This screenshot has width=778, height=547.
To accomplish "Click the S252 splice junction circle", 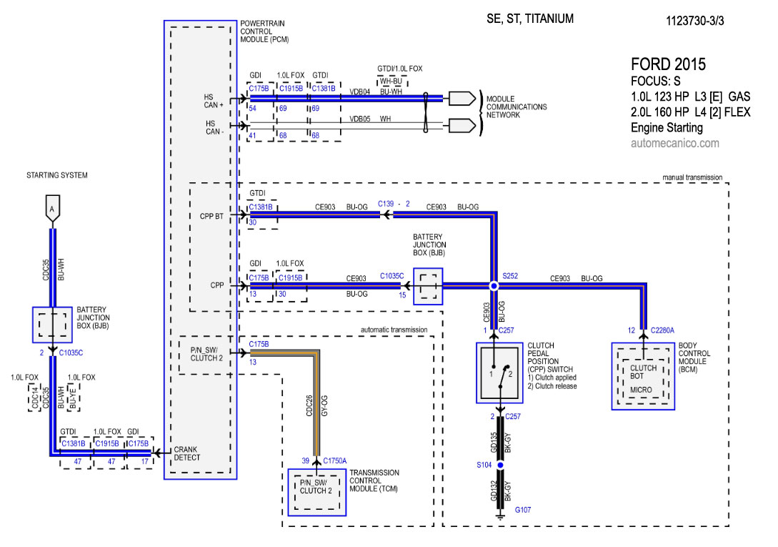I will tap(493, 285).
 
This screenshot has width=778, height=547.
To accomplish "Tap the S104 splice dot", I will tap(500, 465).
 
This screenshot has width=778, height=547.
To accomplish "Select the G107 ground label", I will tap(524, 509).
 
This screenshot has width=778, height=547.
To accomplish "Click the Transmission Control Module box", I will tap(316, 491).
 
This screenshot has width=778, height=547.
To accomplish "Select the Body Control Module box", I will tap(643, 376).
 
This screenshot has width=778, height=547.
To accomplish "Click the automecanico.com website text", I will tap(674, 144).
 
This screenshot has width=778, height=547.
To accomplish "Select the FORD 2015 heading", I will tap(668, 64).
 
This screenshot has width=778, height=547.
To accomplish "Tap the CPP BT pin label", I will tap(212, 215).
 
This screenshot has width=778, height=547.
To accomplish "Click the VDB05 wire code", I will tap(359, 119).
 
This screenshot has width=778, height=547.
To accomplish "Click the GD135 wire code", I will tap(494, 443).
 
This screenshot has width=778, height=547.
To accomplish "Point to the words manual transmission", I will tap(692, 177).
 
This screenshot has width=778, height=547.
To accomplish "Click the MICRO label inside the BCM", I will tap(641, 390).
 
